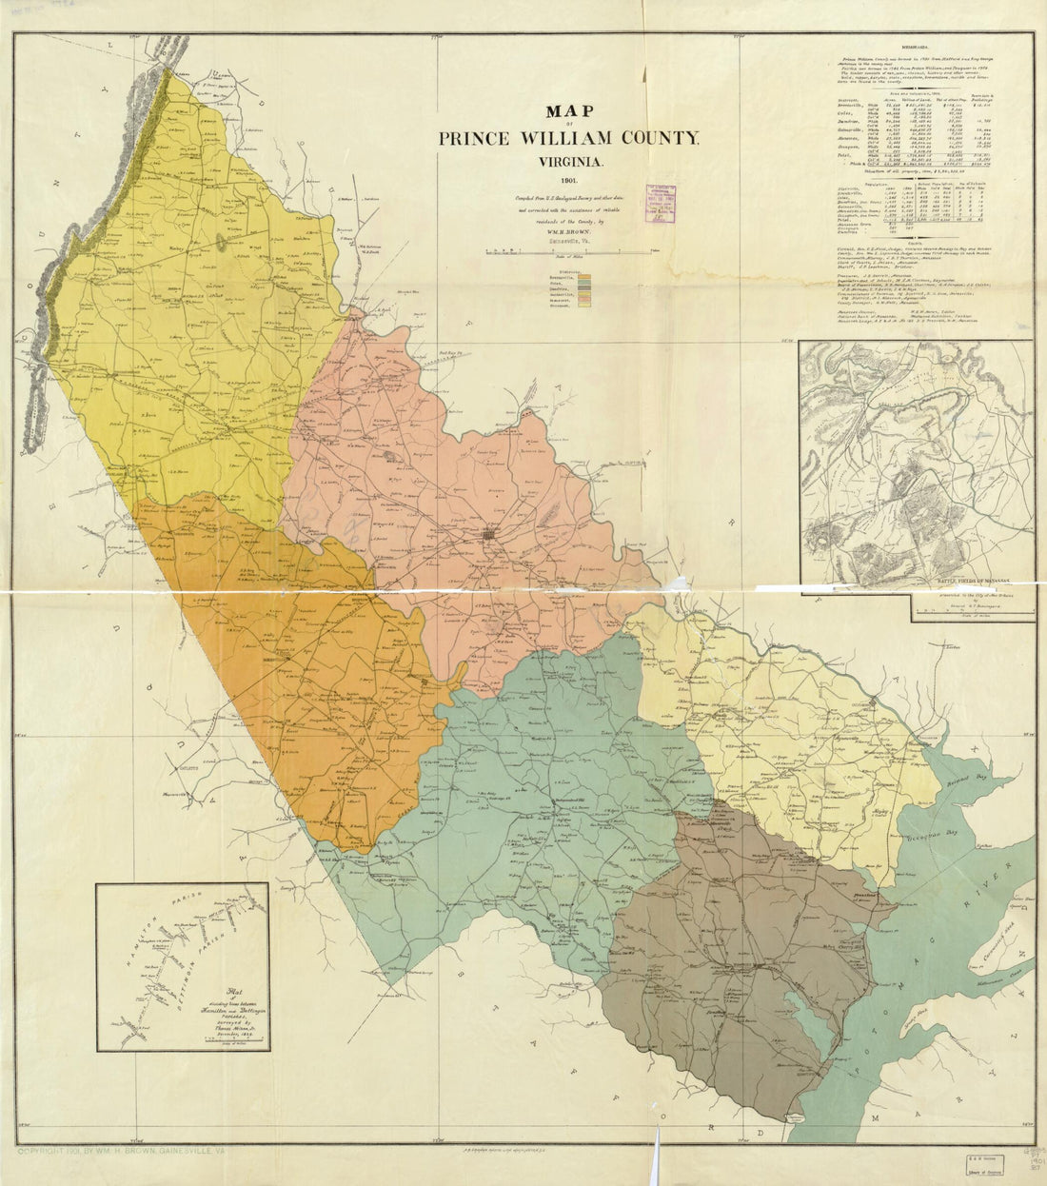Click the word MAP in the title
pyautogui.click(x=567, y=113)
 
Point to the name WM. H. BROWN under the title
pyautogui.click(x=568, y=228)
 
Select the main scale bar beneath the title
pyautogui.click(x=568, y=252)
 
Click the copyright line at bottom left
pyautogui.click(x=132, y=1151)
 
